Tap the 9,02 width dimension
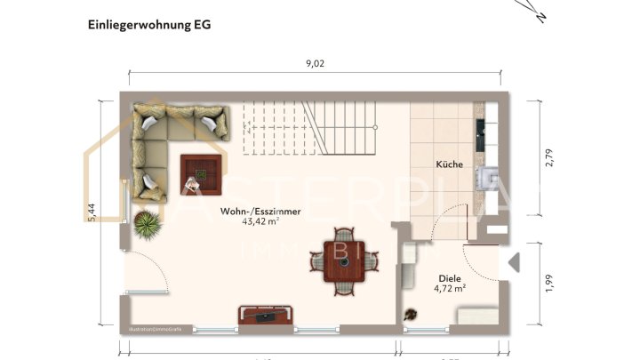(315, 62)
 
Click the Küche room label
(450, 164)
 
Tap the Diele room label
(451, 277)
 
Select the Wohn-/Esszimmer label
(260, 212)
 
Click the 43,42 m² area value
(260, 222)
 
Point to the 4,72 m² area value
(451, 289)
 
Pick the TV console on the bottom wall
(266, 313)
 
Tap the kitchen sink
(488, 178)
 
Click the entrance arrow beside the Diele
(513, 261)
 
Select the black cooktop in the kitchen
(482, 133)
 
